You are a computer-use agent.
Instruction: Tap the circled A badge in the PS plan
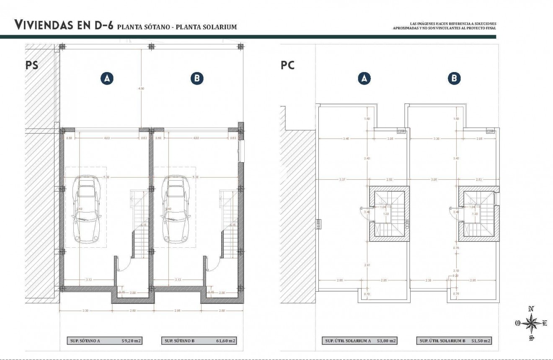click(x=107, y=78)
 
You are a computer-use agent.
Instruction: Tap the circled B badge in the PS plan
click(x=196, y=78)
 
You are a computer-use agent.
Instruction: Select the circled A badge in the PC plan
click(x=364, y=78)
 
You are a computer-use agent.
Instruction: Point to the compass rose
click(x=531, y=323)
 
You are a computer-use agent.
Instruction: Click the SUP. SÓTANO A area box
click(x=104, y=341)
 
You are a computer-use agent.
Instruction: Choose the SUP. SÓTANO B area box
click(x=199, y=341)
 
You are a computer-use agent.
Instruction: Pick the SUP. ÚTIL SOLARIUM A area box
click(x=359, y=341)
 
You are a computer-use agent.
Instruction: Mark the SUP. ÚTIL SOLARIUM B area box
click(x=454, y=341)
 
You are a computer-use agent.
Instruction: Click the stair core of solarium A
click(x=389, y=214)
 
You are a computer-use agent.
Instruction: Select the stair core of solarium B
click(x=478, y=214)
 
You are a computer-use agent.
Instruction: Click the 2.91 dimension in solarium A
click(x=367, y=265)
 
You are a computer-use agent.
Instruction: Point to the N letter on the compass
click(x=531, y=309)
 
